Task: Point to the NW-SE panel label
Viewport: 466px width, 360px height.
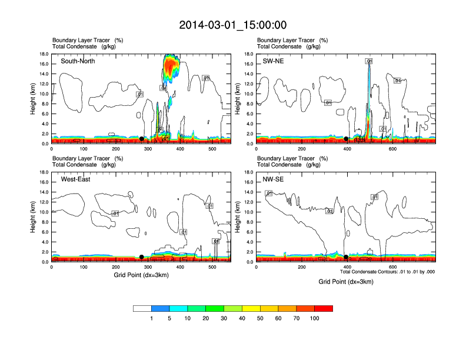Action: pos(274,179)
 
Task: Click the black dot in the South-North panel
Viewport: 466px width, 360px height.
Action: pos(141,139)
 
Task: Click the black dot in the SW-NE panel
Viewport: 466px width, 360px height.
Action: pos(346,139)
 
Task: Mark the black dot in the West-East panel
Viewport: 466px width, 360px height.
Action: pos(141,257)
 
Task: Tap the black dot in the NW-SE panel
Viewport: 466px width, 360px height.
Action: pos(346,257)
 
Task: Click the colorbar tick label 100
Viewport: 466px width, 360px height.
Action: pos(315,318)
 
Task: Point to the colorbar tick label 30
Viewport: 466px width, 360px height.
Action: pos(224,318)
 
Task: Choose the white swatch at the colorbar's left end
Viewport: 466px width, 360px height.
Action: pos(142,308)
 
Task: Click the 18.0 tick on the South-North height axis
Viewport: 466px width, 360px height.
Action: pos(43,54)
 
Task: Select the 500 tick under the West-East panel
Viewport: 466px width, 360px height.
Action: pos(212,268)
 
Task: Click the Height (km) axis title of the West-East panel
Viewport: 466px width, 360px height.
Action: pos(34,217)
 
